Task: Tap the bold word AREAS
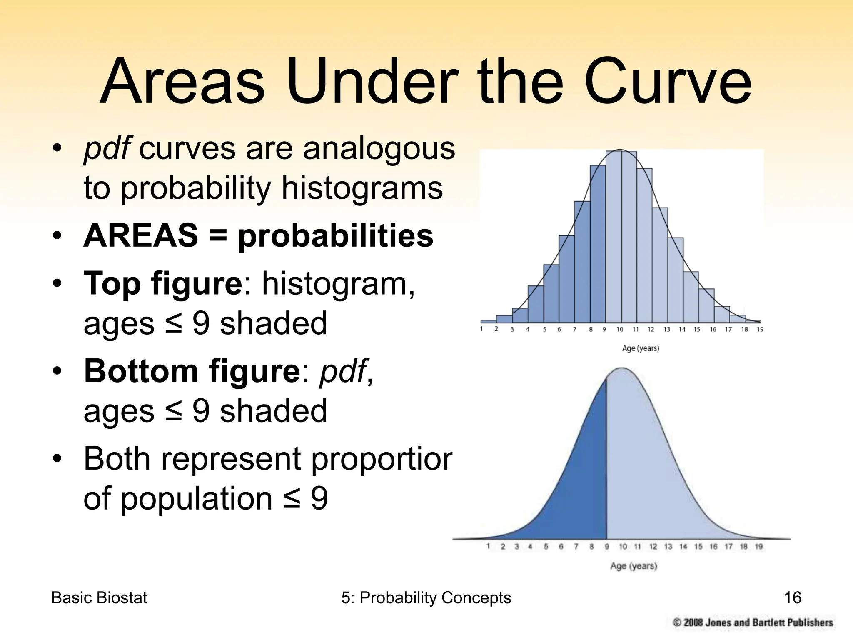141,235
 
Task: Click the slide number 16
792,598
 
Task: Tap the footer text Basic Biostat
99,598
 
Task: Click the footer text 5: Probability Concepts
426,598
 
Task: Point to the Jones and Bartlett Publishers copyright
753,623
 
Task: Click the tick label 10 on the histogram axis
620,330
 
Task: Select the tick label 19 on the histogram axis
760,330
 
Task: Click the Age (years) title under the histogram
640,348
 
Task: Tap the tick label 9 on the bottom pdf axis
607,547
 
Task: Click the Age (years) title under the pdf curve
634,566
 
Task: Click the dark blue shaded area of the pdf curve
575,492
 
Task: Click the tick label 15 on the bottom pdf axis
698,547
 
